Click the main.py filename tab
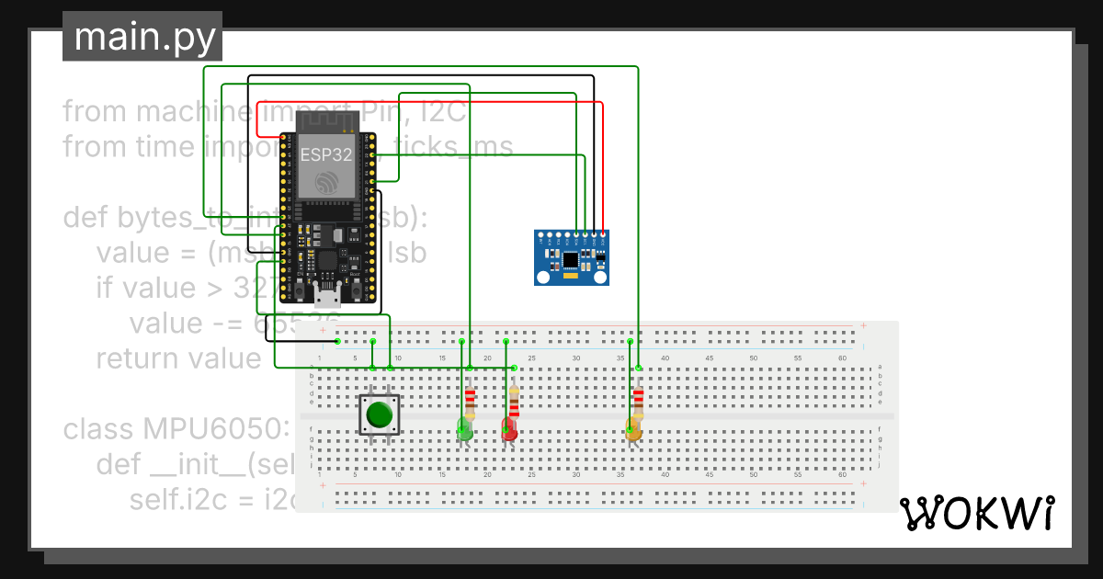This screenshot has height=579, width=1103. [x=142, y=37]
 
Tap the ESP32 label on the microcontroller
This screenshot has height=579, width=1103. [x=325, y=154]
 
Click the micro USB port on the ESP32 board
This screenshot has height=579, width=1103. [x=326, y=296]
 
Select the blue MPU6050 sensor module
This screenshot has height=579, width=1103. [x=571, y=257]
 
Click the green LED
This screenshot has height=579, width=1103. [x=465, y=428]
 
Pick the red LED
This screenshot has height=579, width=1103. [x=509, y=428]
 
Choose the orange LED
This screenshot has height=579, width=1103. [x=633, y=428]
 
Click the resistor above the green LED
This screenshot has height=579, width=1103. [x=470, y=401]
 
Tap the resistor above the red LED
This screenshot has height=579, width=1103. [x=514, y=401]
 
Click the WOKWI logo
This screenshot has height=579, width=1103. [x=976, y=513]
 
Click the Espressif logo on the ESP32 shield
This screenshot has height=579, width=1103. [x=325, y=182]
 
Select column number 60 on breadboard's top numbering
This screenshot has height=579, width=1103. [x=842, y=358]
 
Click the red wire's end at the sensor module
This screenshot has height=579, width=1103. [x=603, y=232]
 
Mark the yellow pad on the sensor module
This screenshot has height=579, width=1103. [x=571, y=275]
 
